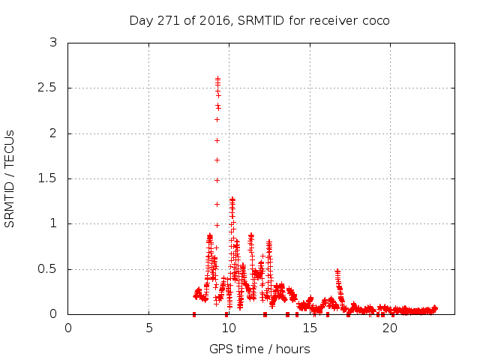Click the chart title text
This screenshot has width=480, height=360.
click(x=259, y=20)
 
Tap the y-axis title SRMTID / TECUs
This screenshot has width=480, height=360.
click(x=10, y=178)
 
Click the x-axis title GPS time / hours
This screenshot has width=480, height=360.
click(x=259, y=349)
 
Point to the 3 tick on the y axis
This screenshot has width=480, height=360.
click(x=52, y=43)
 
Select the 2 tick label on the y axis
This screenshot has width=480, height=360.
click(x=52, y=133)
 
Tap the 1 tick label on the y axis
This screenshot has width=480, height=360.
click(x=52, y=223)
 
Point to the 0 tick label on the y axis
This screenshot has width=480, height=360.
click(x=52, y=314)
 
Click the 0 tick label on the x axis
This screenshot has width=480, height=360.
click(x=68, y=328)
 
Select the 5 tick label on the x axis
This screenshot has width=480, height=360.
click(x=148, y=328)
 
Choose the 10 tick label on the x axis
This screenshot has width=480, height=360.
click(x=229, y=328)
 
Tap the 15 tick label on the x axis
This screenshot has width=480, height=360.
click(x=309, y=328)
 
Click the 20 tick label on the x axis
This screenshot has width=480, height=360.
click(x=389, y=328)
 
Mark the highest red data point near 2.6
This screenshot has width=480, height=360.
click(x=217, y=78)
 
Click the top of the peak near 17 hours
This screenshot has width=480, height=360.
click(x=337, y=271)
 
